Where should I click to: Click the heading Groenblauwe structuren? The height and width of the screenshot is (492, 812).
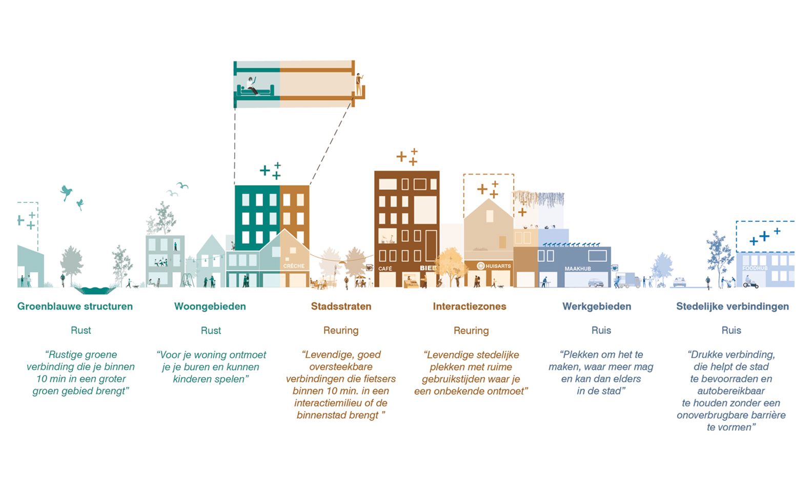[x=75, y=306]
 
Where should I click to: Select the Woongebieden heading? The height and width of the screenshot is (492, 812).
[x=210, y=306]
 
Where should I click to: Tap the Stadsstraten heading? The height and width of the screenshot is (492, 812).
[x=341, y=306]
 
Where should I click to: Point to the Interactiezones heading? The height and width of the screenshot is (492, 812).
[x=470, y=306]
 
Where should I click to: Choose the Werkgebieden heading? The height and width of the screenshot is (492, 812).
[x=597, y=306]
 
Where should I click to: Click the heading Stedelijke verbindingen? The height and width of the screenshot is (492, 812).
[x=732, y=306]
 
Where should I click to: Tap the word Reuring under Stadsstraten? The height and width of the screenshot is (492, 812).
[x=341, y=331]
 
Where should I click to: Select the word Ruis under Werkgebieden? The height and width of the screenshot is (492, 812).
[x=601, y=331]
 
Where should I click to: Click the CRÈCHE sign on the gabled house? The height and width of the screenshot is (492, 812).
[x=294, y=266]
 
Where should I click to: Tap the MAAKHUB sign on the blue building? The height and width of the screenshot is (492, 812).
[x=577, y=269]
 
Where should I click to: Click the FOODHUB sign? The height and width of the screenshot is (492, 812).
[x=755, y=268]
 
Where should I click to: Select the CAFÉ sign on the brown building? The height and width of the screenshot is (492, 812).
[x=385, y=269]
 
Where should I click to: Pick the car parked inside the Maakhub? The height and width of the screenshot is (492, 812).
[x=596, y=282]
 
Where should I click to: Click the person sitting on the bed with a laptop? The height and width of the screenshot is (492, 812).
[x=251, y=86]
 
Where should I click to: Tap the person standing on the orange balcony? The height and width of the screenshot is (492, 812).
[x=359, y=84]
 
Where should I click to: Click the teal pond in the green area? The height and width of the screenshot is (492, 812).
[x=95, y=290]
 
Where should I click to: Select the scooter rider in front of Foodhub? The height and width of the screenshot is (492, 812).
[x=750, y=282]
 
